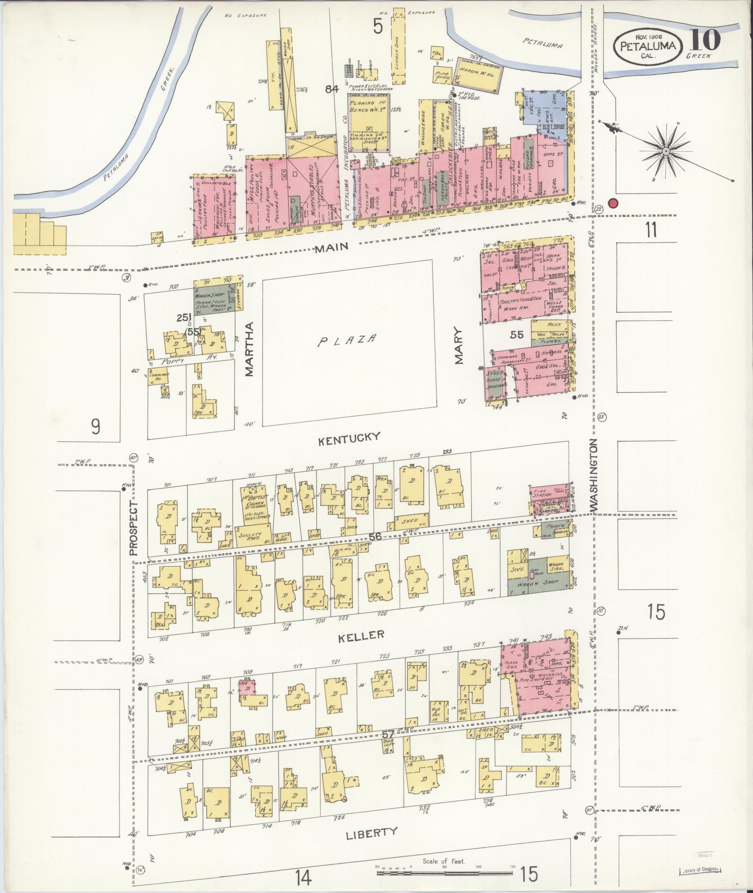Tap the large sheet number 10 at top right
tap(704, 40)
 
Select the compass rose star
tap(667, 151)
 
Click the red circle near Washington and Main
tap(613, 204)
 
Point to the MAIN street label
tap(331, 247)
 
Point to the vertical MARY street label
tap(459, 345)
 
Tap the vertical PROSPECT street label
tap(134, 528)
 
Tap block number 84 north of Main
tap(332, 88)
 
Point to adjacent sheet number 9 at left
tap(95, 426)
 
